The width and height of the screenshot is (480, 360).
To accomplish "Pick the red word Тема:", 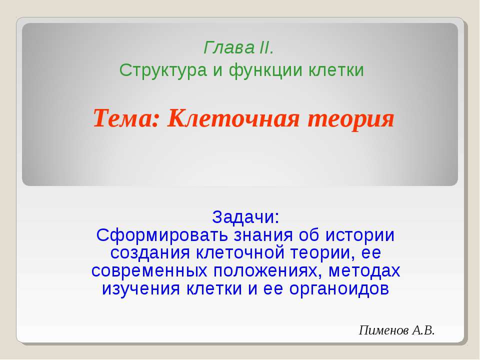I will click(125, 119).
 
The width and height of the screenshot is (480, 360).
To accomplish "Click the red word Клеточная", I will click(232, 119).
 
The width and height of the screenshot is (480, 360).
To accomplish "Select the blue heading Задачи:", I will click(245, 217).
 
